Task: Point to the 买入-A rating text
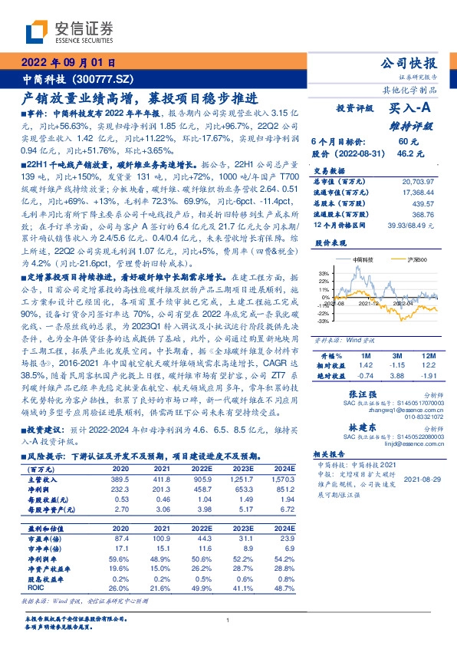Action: coord(409,109)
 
